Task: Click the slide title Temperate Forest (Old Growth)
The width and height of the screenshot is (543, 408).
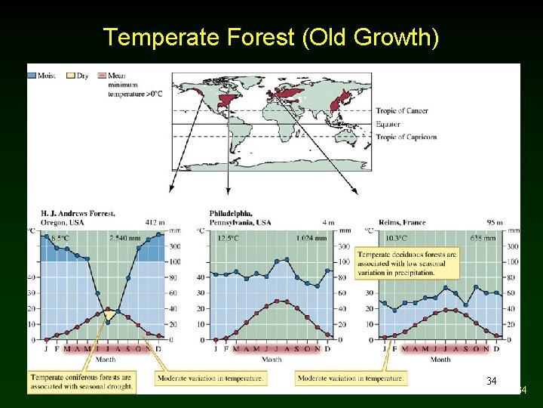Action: pyautogui.click(x=271, y=36)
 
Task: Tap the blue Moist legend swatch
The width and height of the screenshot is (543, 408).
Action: pyautogui.click(x=32, y=76)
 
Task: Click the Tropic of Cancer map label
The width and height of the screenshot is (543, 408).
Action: pyautogui.click(x=402, y=111)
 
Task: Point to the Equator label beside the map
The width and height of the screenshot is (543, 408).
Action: pyautogui.click(x=388, y=124)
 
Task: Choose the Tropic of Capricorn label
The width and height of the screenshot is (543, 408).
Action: pyautogui.click(x=406, y=137)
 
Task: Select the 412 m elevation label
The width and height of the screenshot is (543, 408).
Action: pyautogui.click(x=155, y=222)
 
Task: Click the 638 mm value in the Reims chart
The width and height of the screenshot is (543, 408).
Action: pyautogui.click(x=483, y=237)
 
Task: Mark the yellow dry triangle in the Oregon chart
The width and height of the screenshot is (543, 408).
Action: pyautogui.click(x=110, y=314)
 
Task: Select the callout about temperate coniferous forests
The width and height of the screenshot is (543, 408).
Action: pyautogui.click(x=82, y=381)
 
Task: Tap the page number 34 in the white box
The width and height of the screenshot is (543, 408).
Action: pyautogui.click(x=492, y=381)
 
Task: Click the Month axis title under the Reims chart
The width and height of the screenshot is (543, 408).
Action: pyautogui.click(x=440, y=360)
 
